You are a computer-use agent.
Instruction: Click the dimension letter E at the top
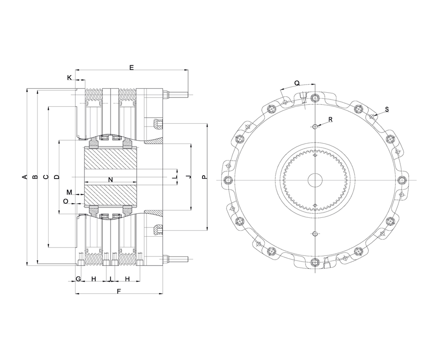point(132,67)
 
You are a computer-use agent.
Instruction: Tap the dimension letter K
point(69,78)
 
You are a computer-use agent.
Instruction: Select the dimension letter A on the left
point(25,177)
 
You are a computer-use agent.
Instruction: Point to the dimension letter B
point(35,177)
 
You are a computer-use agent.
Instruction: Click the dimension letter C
point(46,177)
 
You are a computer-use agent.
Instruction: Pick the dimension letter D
point(57,177)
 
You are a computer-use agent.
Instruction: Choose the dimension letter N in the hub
point(111,180)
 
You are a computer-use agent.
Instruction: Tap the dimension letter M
point(69,192)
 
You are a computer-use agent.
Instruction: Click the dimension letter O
point(66,201)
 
